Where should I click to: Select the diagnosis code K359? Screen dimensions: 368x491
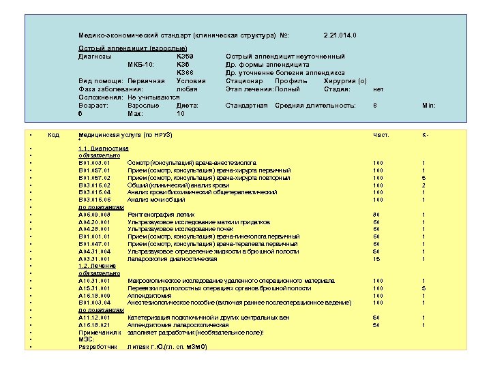click(185, 56)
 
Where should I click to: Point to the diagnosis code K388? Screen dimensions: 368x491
click(185, 72)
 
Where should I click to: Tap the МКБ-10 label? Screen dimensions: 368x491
click(141, 64)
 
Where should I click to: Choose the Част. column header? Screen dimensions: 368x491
click(381, 135)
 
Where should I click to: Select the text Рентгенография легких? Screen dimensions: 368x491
click(156, 215)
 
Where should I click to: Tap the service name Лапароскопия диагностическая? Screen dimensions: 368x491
click(172, 259)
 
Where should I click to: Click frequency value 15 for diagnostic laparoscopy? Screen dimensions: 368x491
click(376, 259)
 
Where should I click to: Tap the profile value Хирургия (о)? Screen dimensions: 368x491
click(344, 81)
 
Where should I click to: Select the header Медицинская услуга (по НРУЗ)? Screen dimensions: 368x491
click(125, 135)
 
